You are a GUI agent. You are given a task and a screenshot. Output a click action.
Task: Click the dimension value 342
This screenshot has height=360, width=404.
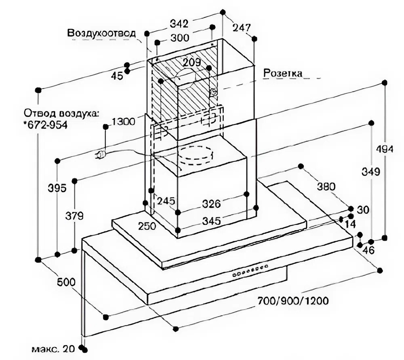pyautogui.click(x=179, y=24)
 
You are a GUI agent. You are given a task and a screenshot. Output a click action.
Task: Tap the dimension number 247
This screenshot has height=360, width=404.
pyautogui.click(x=242, y=28)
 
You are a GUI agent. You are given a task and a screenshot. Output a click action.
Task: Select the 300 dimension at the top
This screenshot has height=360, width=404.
pyautogui.click(x=180, y=38)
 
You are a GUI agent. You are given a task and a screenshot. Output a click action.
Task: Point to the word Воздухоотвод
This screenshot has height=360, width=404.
pyautogui.click(x=101, y=33)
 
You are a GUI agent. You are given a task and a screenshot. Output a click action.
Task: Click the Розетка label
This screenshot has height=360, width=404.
pyautogui.click(x=283, y=73)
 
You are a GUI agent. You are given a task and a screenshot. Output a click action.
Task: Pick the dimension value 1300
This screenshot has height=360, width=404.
pyautogui.click(x=123, y=121)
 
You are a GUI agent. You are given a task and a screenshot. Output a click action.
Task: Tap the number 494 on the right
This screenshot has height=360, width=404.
pyautogui.click(x=385, y=149)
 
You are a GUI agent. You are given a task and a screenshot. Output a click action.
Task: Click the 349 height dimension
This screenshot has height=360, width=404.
pyautogui.click(x=371, y=172)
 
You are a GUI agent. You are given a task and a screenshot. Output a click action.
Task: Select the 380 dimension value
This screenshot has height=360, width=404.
pyautogui.click(x=326, y=186)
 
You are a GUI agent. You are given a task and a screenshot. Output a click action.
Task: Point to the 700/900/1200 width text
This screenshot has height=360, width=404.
pyautogui.click(x=293, y=301)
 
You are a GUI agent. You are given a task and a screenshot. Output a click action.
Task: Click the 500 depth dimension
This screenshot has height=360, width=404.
pyautogui.click(x=66, y=282)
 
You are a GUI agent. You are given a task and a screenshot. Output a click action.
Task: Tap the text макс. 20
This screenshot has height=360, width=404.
pyautogui.click(x=53, y=349)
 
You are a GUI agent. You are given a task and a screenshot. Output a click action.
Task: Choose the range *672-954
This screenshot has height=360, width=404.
pyautogui.click(x=45, y=125)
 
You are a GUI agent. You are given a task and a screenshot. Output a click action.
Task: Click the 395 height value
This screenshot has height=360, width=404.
pyautogui.click(x=57, y=188)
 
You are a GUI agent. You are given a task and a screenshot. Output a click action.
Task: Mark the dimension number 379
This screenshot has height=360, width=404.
pyautogui.click(x=74, y=216)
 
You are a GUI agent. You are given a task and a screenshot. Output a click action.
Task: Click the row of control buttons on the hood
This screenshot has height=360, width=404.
pyautogui.click(x=250, y=271)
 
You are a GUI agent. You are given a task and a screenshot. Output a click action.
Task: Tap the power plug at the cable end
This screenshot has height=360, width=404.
pyautogui.click(x=101, y=155)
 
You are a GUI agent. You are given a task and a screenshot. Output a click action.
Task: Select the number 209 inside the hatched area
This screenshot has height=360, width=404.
pyautogui.click(x=191, y=62)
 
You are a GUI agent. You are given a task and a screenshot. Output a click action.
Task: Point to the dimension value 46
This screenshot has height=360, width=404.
pyautogui.click(x=368, y=250)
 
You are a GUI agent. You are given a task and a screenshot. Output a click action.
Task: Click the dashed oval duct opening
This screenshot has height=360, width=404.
pyautogui.click(x=195, y=156)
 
